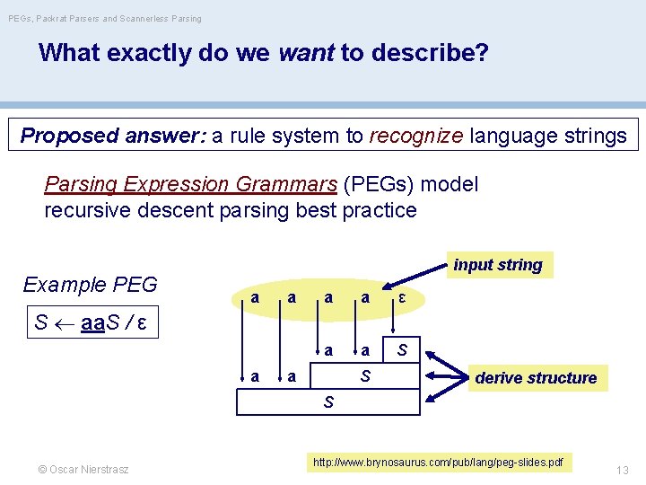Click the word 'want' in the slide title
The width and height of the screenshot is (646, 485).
307,53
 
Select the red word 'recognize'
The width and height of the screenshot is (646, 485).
415,136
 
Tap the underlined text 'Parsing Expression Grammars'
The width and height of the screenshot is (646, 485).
190,185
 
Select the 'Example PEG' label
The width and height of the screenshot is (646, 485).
90,285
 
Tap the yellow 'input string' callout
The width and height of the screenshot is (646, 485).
498,265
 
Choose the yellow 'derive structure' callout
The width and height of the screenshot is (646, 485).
536,377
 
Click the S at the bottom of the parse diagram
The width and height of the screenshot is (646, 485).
328,402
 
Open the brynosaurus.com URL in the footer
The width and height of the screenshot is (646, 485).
438,463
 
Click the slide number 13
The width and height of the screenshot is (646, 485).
622,470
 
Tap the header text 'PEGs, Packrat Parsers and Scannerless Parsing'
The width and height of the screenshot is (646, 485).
105,18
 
